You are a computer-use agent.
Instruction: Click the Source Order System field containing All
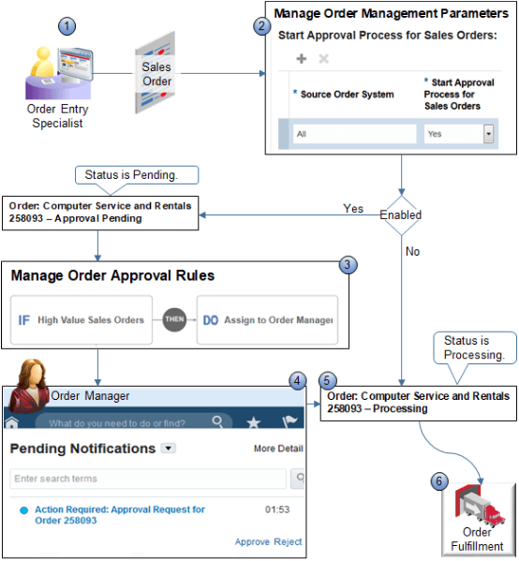pyautogui.click(x=353, y=134)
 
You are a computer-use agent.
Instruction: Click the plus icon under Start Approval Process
pyautogui.click(x=302, y=58)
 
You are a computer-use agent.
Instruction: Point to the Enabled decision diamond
pyautogui.click(x=400, y=214)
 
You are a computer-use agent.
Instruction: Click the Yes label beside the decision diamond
pyautogui.click(x=353, y=209)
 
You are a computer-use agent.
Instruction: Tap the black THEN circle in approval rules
pyautogui.click(x=175, y=319)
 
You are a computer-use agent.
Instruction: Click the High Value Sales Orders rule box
pyautogui.click(x=81, y=320)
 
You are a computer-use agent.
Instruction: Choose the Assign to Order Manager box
pyautogui.click(x=267, y=320)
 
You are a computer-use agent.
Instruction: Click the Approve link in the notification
pyautogui.click(x=252, y=541)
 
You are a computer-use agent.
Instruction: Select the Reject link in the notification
pyautogui.click(x=288, y=541)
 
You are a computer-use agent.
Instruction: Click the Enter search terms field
pyautogui.click(x=148, y=479)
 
